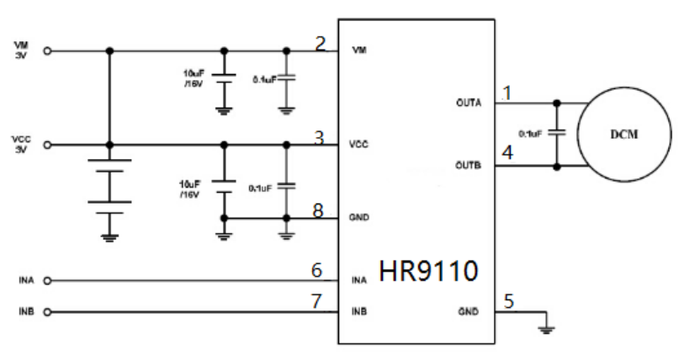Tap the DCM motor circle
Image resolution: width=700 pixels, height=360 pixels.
(x=628, y=135)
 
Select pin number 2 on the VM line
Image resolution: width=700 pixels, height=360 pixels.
(x=320, y=44)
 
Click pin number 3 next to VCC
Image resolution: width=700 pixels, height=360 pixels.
(x=320, y=138)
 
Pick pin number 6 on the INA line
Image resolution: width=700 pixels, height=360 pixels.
(x=317, y=271)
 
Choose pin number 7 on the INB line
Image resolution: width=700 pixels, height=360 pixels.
(x=317, y=302)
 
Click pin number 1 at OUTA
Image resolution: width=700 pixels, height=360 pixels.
(x=506, y=93)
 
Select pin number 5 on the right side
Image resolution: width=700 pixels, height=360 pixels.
(x=509, y=300)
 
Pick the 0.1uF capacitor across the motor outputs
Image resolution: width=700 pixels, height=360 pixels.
(x=557, y=134)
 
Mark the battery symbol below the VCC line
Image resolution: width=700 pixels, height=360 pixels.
(x=109, y=185)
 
